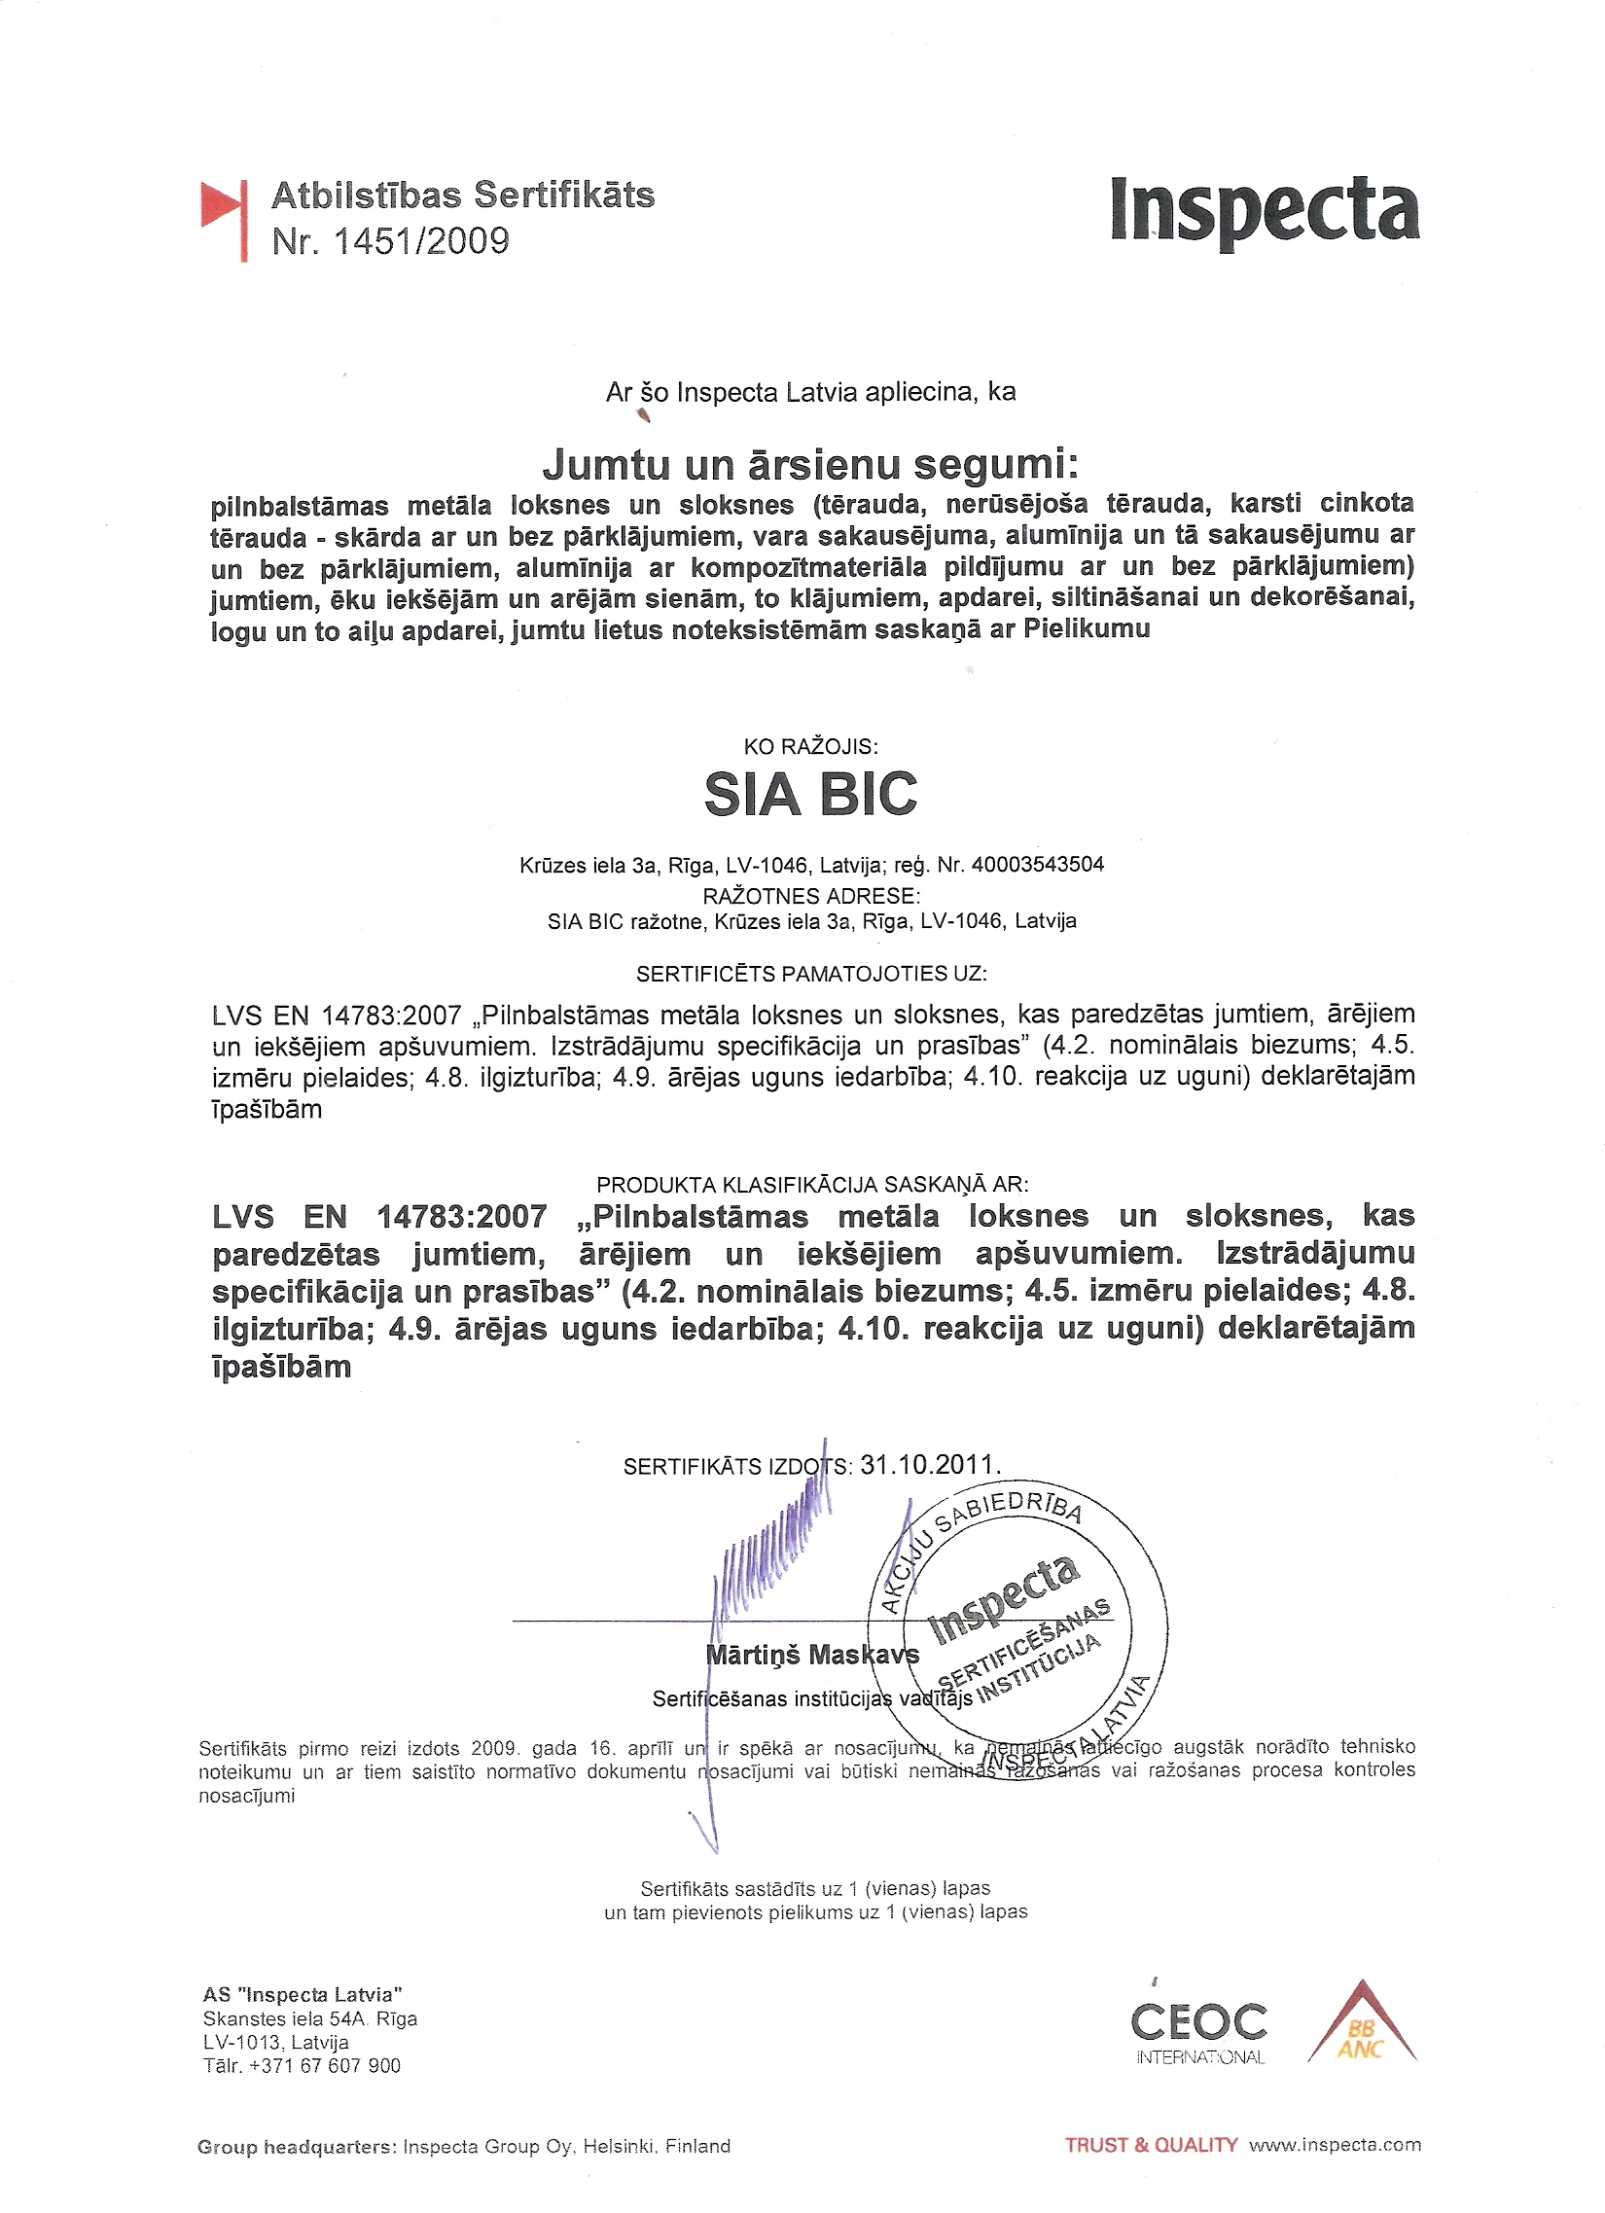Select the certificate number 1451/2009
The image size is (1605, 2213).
pyautogui.click(x=420, y=241)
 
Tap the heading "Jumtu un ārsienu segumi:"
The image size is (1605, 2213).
pyautogui.click(x=811, y=463)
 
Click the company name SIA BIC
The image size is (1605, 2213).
pyautogui.click(x=811, y=794)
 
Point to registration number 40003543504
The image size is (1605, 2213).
pyautogui.click(x=1038, y=864)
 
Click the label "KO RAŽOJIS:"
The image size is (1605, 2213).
pyautogui.click(x=811, y=746)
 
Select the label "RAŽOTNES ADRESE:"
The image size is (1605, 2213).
pyautogui.click(x=811, y=895)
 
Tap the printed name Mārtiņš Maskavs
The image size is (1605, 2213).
pyautogui.click(x=812, y=1654)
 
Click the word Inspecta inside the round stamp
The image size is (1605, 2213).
pyautogui.click(x=1004, y=1599)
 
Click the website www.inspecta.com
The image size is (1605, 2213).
pyautogui.click(x=1335, y=2145)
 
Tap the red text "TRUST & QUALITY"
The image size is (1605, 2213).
pyautogui.click(x=1152, y=2145)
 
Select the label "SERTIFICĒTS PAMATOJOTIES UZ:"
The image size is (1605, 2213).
pyautogui.click(x=811, y=973)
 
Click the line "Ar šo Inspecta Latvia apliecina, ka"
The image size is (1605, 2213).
pyautogui.click(x=811, y=392)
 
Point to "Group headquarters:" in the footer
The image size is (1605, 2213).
pyautogui.click(x=297, y=2146)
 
